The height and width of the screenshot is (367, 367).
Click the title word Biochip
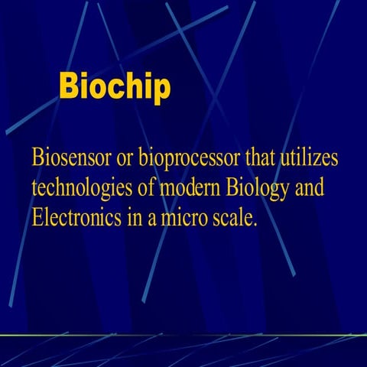(115, 89)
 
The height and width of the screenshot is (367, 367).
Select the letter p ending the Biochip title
(160, 93)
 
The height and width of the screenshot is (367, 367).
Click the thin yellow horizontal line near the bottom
(183, 335)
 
